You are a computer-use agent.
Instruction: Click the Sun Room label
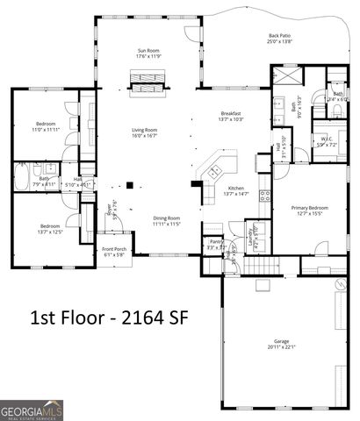pos(148,51)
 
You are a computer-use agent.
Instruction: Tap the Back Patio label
pos(280,37)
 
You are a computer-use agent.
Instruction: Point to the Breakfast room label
pos(231,113)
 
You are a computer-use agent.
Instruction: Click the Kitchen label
pos(236,189)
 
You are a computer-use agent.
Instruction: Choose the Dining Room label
pos(167,218)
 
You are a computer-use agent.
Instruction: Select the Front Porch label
pos(114,250)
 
